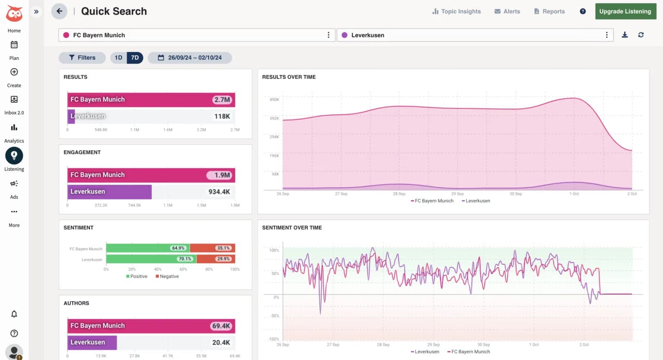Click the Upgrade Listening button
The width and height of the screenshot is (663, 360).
coord(625,11)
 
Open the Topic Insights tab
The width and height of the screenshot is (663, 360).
coord(456,11)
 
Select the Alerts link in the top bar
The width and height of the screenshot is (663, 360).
coord(507,11)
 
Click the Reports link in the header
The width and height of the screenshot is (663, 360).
coord(549,11)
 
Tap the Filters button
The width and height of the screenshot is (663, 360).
coord(82,57)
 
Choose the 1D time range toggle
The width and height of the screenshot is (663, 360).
coord(118,57)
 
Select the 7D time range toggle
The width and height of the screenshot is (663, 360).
coord(135,57)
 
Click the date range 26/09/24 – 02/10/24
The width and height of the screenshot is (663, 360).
coord(190,57)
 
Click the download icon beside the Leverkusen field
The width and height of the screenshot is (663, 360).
coord(625,35)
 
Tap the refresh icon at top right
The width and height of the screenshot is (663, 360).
coord(641,35)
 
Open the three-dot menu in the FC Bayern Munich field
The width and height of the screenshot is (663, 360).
coord(328,35)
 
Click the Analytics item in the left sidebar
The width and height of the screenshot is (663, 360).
coord(14,132)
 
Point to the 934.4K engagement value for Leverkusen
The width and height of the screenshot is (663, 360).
coord(219,192)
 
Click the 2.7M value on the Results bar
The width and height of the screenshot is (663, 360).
coord(222,100)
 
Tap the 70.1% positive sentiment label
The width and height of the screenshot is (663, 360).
coord(185,259)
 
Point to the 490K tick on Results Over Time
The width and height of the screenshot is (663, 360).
coord(274,100)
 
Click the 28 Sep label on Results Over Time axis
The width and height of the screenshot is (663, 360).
coord(399,194)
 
